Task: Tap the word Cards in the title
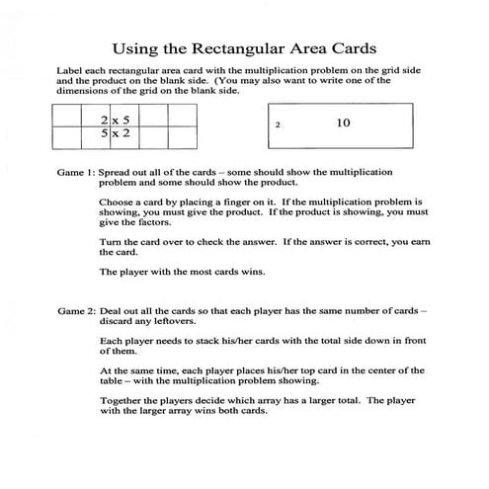click(x=352, y=46)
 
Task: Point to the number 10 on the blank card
click(x=344, y=123)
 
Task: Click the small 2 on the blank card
click(x=279, y=126)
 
